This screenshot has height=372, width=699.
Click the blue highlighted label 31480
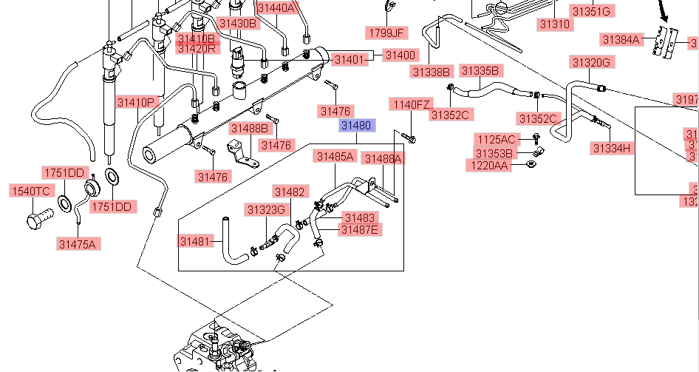[x=357, y=126]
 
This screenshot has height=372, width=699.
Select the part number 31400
[x=400, y=55]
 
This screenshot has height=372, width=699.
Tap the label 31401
[x=349, y=58]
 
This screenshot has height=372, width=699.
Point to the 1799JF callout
[x=387, y=33]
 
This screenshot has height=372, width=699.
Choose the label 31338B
[x=432, y=72]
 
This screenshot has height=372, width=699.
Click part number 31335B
[x=480, y=71]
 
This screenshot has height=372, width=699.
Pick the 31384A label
[x=621, y=39]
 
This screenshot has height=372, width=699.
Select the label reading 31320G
[x=590, y=62]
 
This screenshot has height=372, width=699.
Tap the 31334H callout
[x=612, y=148]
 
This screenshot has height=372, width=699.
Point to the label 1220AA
[x=487, y=165]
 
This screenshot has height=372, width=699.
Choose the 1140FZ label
[x=410, y=104]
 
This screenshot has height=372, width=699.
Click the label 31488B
[x=249, y=128]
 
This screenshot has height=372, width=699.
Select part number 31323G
[x=266, y=209]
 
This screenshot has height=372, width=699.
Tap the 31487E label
[x=359, y=230]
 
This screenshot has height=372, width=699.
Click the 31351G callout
[x=591, y=11]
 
